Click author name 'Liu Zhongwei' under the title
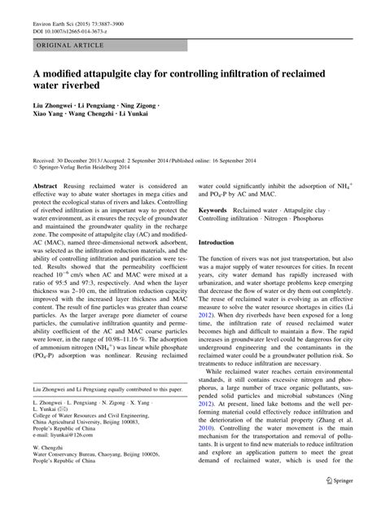pyautogui.click(x=53, y=107)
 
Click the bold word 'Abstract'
pyautogui.click(x=45, y=185)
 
